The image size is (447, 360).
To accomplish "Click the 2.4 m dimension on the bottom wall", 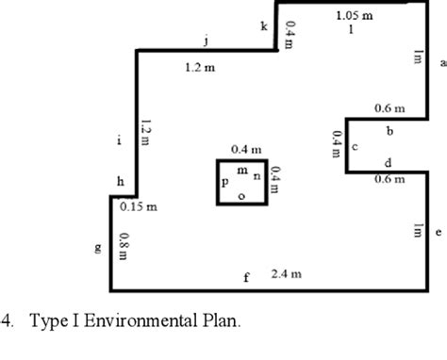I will point(286,274).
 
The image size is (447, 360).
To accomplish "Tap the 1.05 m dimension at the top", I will point(354,15).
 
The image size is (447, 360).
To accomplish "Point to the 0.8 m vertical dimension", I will point(124,246).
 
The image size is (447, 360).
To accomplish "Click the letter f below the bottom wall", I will point(246,277).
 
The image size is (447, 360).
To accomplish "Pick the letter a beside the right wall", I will point(441,63).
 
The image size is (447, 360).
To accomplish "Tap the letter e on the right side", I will point(438,231).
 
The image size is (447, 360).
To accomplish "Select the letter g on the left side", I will point(97,249).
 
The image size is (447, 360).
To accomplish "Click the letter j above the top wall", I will point(207,41).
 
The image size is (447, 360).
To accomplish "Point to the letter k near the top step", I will point(263,26).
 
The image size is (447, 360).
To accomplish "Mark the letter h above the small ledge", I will point(120,181).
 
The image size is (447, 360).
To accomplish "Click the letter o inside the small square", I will point(241,195).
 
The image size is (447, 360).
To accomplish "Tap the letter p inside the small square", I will point(224,182).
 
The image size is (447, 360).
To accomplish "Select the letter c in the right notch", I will point(354,148).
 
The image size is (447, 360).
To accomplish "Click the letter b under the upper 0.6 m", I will point(389,129).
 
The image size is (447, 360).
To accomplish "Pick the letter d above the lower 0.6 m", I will point(388,163).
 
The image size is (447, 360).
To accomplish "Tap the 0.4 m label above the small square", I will point(246,150).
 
